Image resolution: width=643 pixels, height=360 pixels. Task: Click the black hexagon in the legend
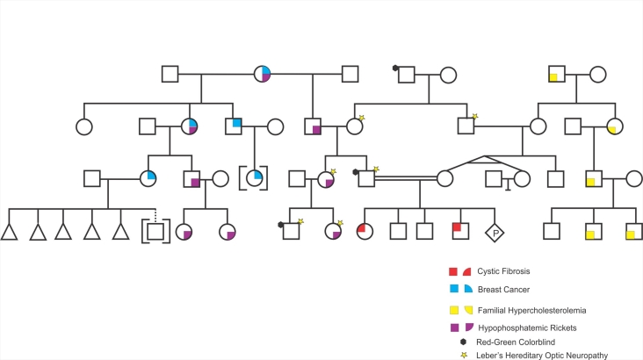point(463,342)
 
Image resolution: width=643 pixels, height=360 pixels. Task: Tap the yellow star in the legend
point(463,355)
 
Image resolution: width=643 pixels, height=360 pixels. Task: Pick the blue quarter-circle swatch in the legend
point(470,288)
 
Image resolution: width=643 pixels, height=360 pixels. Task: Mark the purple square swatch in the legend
point(453,328)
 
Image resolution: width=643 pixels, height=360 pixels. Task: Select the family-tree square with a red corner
point(459,231)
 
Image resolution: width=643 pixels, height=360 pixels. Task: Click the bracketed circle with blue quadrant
point(255,178)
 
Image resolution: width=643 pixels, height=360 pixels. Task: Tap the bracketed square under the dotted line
point(155,232)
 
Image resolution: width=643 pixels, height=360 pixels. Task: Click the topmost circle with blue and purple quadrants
point(263,74)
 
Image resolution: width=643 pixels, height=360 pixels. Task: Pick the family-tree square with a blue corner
point(233,126)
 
